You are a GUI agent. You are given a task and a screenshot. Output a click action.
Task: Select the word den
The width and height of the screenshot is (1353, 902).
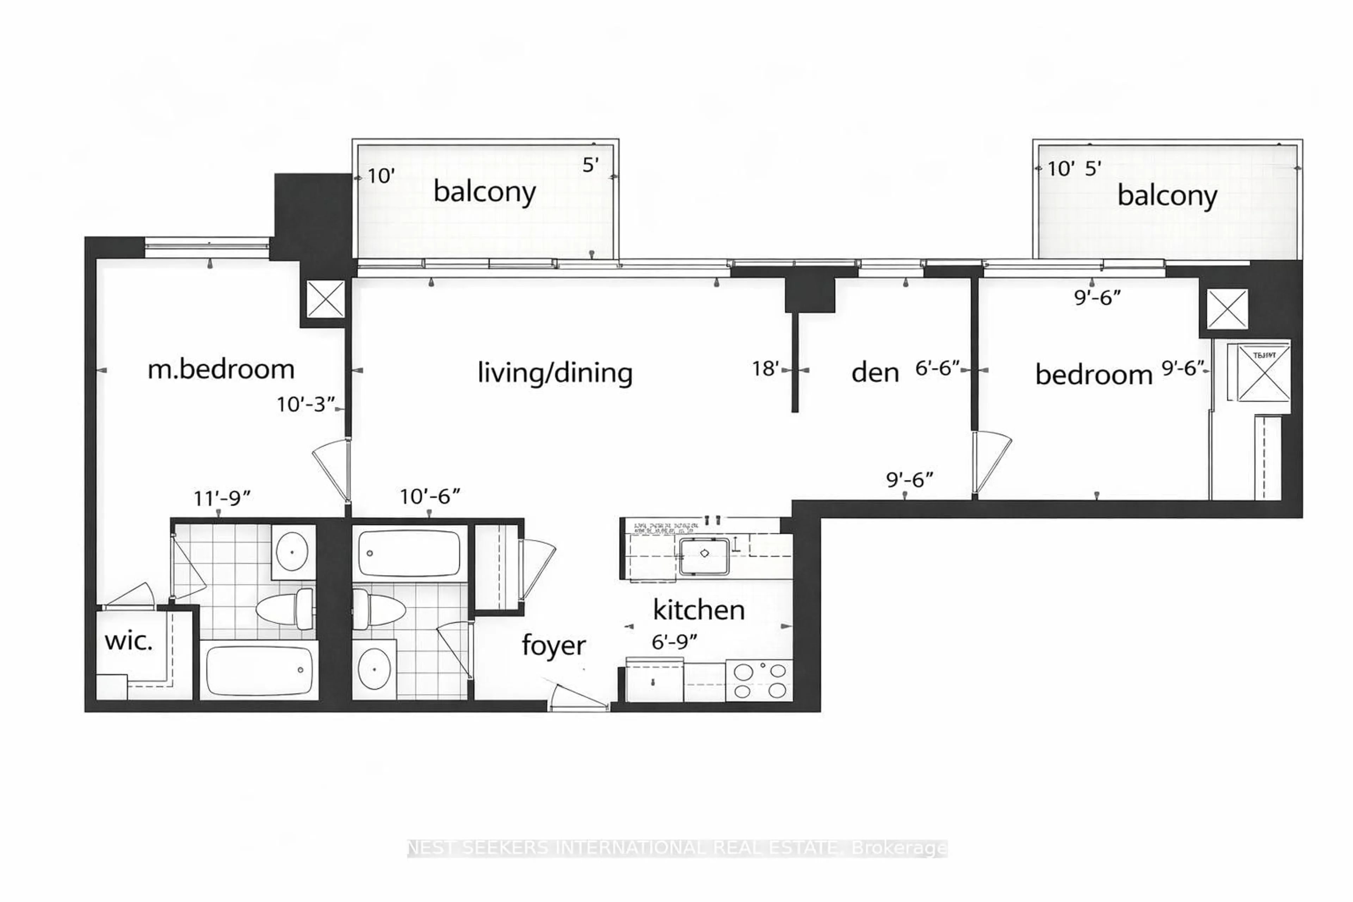click(x=875, y=373)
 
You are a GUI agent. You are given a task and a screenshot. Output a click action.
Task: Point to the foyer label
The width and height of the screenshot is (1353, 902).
click(x=554, y=645)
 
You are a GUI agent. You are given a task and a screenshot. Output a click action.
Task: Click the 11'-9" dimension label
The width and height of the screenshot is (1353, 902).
click(x=222, y=498)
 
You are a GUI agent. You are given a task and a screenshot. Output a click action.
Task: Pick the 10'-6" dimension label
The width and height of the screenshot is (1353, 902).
click(x=430, y=496)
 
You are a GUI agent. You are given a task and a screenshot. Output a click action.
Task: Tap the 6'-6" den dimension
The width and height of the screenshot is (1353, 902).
click(x=937, y=368)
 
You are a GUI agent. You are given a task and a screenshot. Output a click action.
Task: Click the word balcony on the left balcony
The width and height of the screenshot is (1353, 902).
click(x=484, y=192)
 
